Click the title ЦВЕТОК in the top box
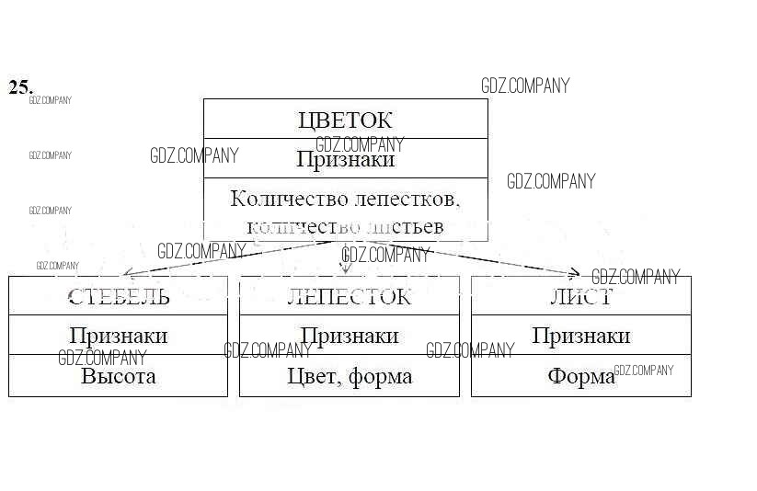pyautogui.click(x=345, y=120)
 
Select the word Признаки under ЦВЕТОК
pyautogui.click(x=345, y=159)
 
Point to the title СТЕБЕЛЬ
pyautogui.click(x=118, y=296)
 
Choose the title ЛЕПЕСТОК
pyautogui.click(x=349, y=296)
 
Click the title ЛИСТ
pyautogui.click(x=580, y=296)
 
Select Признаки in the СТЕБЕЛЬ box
pyautogui.click(x=118, y=336)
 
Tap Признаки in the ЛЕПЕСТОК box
pyautogui.click(x=349, y=336)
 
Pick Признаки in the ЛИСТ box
pyautogui.click(x=580, y=336)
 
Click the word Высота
pyautogui.click(x=118, y=376)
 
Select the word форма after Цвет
pyautogui.click(x=380, y=377)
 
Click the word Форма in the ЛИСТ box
pyautogui.click(x=580, y=376)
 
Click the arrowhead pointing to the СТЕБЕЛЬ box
pyautogui.click(x=128, y=273)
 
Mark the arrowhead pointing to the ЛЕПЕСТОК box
pyautogui.click(x=346, y=268)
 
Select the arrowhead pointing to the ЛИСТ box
pyautogui.click(x=574, y=272)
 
